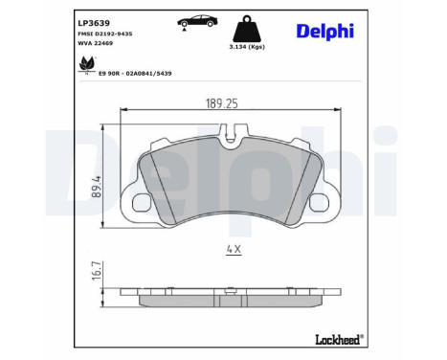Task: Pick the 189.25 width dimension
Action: (224, 99)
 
